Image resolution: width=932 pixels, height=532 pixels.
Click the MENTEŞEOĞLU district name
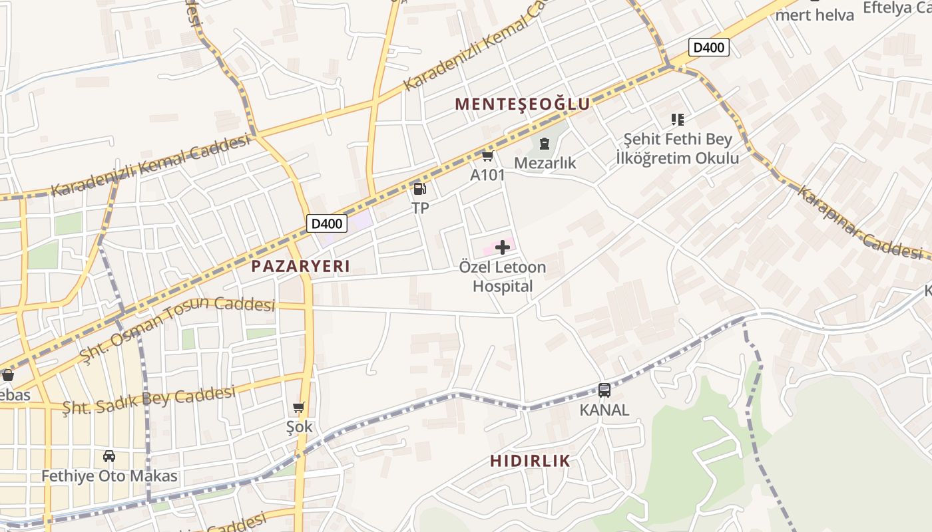(523, 104)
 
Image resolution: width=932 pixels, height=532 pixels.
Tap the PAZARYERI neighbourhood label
(300, 267)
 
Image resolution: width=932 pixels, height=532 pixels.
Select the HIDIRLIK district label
(531, 461)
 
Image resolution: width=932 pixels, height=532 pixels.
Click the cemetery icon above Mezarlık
(545, 144)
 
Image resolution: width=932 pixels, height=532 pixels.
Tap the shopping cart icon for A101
(487, 156)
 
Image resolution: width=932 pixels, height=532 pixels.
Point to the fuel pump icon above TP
(419, 189)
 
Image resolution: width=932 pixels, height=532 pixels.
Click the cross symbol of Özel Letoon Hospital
(503, 248)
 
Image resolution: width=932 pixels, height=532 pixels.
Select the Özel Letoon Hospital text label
(503, 277)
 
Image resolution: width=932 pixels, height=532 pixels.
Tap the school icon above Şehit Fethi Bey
(678, 120)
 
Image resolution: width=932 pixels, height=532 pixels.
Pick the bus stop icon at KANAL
(604, 390)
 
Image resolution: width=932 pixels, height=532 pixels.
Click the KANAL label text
(604, 410)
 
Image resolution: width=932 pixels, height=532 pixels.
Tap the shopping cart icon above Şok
(299, 407)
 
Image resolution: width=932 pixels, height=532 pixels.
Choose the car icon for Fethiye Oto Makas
(109, 456)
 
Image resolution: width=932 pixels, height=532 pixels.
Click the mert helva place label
(815, 15)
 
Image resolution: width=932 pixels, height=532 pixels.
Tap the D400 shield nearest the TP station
(327, 223)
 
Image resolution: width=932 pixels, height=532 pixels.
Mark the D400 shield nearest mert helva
(708, 47)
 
